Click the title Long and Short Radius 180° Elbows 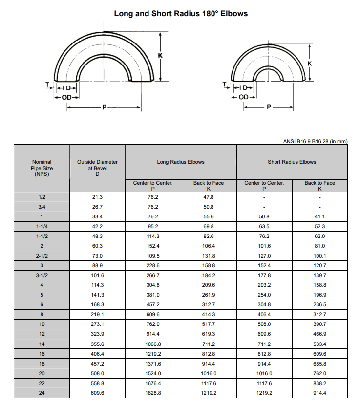tap(181, 14)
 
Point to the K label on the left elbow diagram tap(160, 55)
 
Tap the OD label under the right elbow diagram tap(243, 96)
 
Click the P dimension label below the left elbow tap(104, 107)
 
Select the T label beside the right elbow tap(224, 84)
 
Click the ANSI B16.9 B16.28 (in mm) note tap(315, 142)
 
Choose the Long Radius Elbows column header tap(181, 162)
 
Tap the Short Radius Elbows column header tap(292, 162)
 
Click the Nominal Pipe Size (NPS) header tap(42, 168)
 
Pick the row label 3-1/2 tap(42, 276)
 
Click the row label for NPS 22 tap(42, 384)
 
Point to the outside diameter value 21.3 tap(97, 197)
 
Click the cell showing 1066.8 tap(153, 344)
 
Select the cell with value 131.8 tap(209, 256)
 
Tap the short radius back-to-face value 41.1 tap(320, 216)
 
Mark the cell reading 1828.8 tap(153, 393)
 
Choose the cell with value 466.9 tap(320, 335)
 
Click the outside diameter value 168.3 tap(97, 305)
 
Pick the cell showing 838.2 tap(320, 384)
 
